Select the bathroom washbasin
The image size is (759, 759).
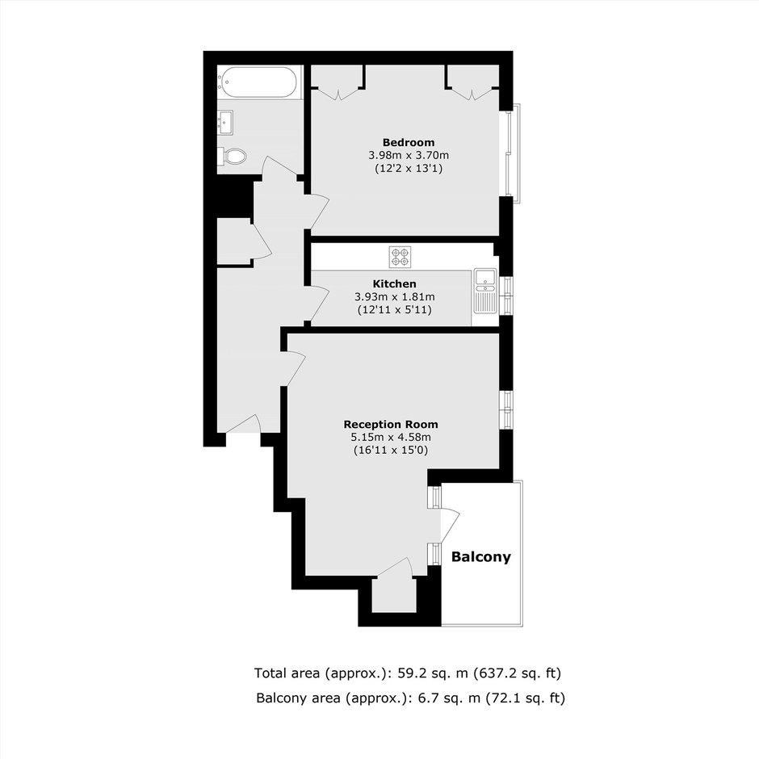click(x=225, y=123)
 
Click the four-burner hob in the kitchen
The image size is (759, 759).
click(x=400, y=257)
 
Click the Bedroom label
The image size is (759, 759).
click(x=409, y=142)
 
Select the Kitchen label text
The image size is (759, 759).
click(x=395, y=283)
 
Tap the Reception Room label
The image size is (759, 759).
click(x=391, y=425)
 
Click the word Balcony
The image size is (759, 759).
click(x=481, y=557)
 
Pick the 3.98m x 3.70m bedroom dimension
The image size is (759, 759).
click(x=409, y=155)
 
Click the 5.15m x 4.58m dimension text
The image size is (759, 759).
click(x=391, y=438)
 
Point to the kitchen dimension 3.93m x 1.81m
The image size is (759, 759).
click(x=395, y=296)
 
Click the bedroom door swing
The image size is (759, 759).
click(x=318, y=212)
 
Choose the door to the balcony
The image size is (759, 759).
click(x=449, y=526)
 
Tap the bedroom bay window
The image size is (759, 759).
click(x=512, y=153)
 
